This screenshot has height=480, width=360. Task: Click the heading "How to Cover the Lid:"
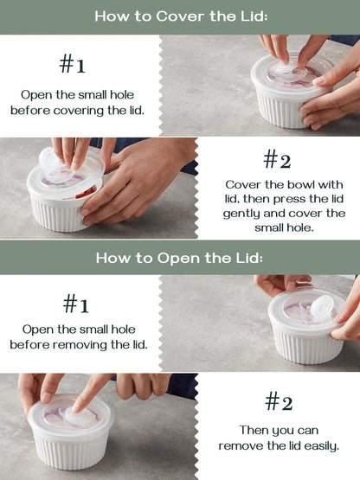(179, 16)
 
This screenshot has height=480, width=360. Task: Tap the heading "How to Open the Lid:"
(179, 257)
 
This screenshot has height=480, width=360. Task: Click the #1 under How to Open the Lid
(78, 304)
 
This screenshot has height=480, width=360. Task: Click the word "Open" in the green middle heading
(189, 257)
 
